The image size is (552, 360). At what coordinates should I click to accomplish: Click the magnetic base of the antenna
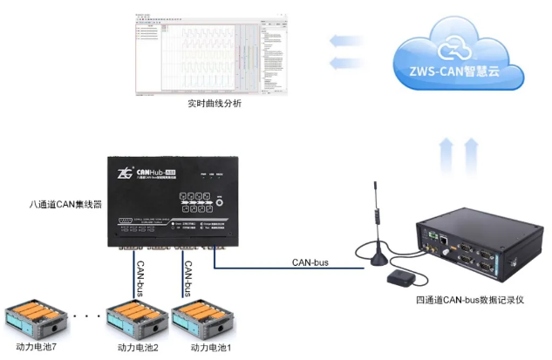click(378, 256)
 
